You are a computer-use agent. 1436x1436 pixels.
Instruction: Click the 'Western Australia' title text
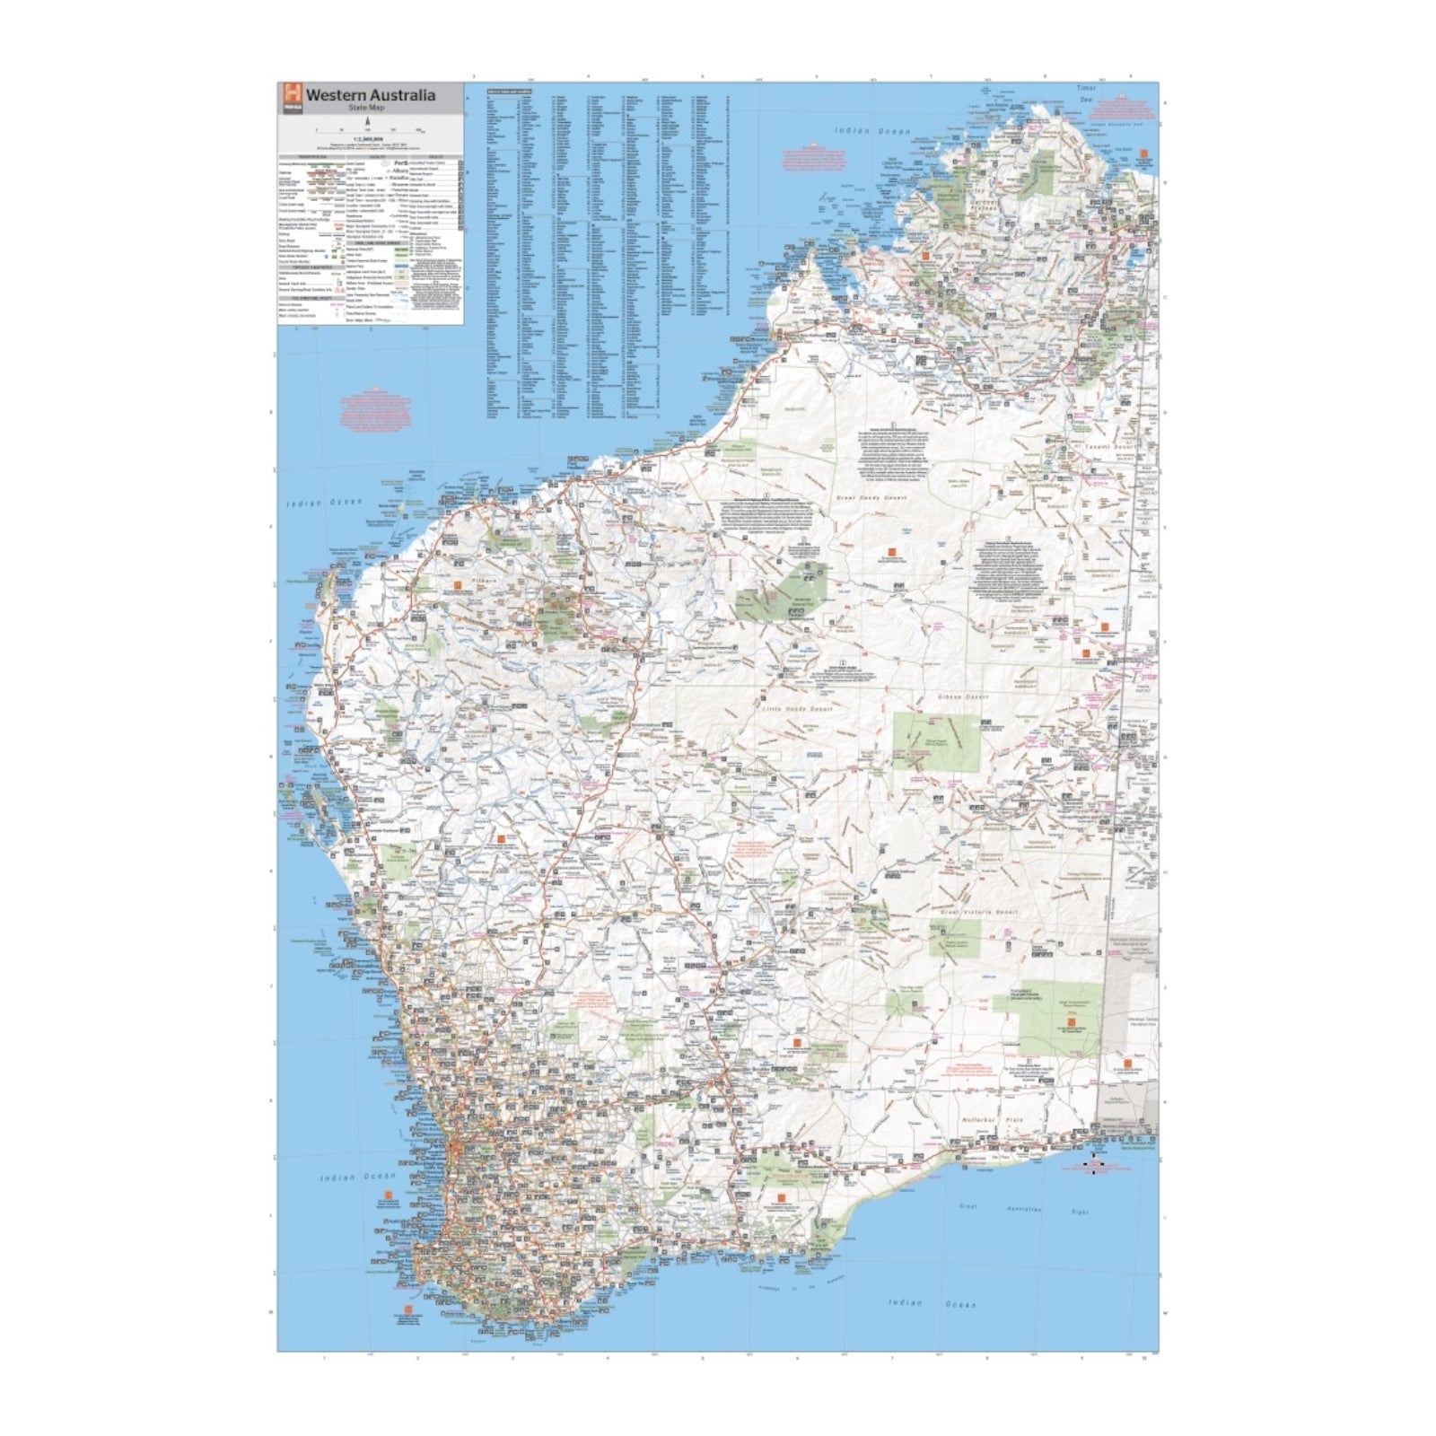coord(371,94)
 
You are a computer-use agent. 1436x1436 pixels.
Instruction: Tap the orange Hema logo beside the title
coord(291,94)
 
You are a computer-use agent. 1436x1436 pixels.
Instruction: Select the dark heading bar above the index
coord(510,91)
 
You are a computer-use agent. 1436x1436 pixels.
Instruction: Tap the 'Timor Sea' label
coord(1087,93)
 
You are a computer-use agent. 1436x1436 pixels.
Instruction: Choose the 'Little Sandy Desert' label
coord(797,709)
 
